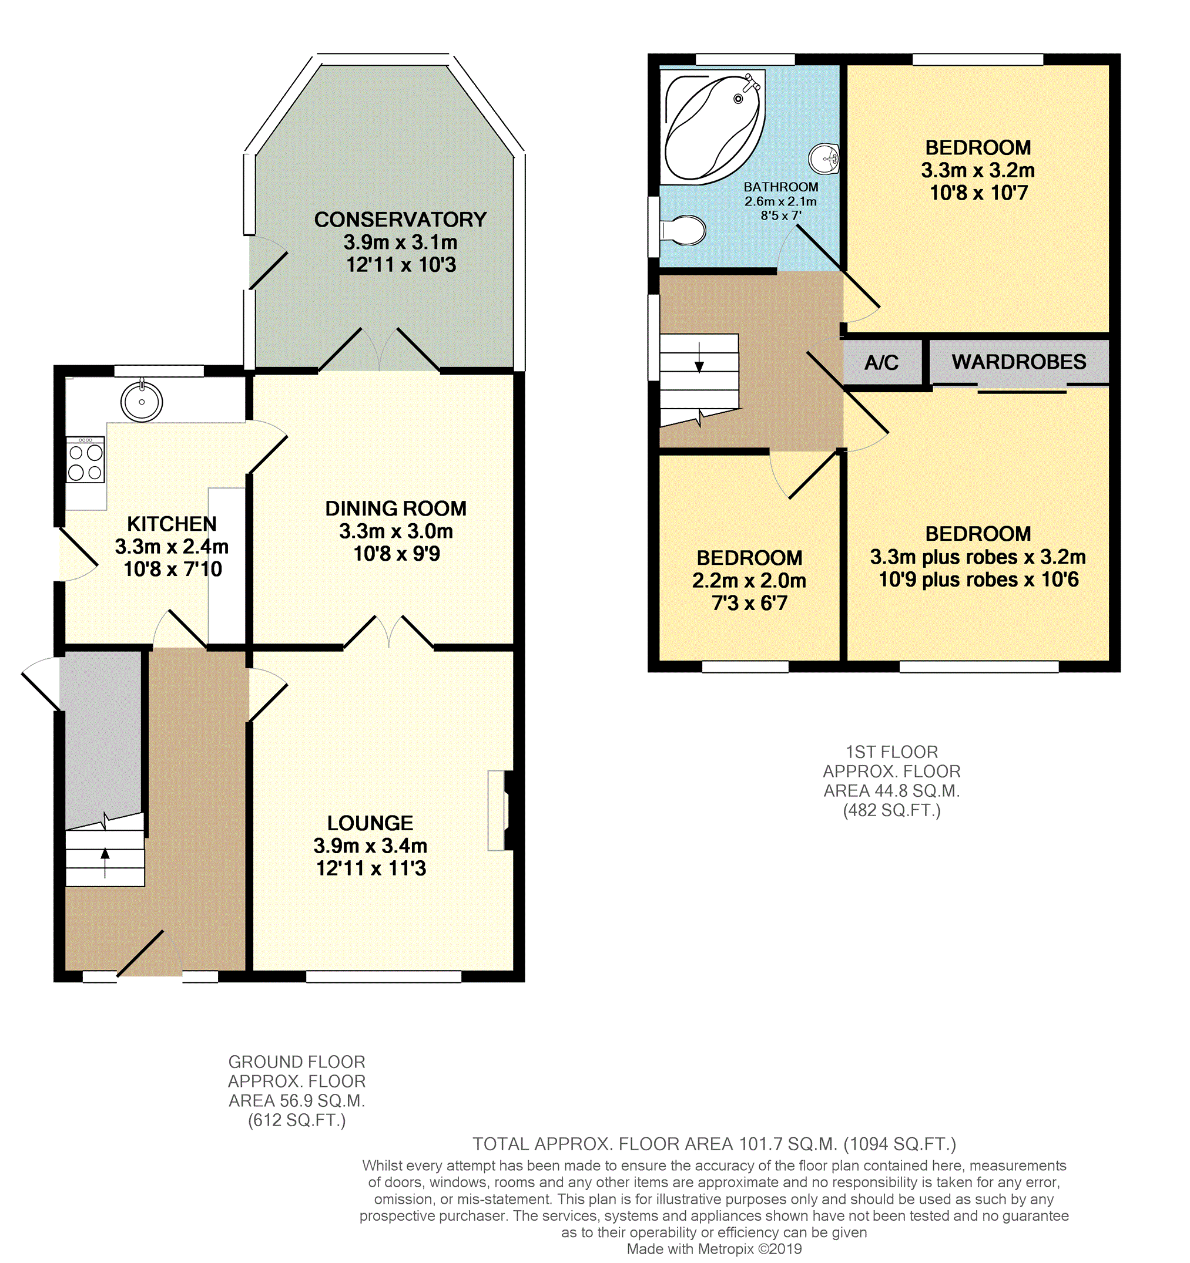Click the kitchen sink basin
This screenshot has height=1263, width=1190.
tap(142, 402)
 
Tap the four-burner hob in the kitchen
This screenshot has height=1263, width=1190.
tap(86, 462)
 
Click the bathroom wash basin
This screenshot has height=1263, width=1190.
tap(825, 159)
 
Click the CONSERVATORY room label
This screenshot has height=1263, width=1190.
tap(400, 220)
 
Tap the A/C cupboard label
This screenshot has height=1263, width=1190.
tap(881, 363)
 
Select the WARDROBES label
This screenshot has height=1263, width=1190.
tap(1018, 362)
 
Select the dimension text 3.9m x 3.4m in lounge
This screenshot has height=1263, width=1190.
tap(370, 846)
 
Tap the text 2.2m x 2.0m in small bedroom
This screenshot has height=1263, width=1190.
tap(749, 580)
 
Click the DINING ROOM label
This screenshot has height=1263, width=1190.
tap(395, 508)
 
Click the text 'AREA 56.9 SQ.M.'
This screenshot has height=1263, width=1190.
tap(297, 1101)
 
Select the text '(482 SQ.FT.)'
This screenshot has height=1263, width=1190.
tap(891, 810)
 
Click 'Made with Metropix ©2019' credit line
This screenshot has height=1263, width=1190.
tap(714, 1248)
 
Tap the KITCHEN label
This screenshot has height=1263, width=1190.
tap(172, 524)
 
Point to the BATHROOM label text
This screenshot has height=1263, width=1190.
tap(780, 187)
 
